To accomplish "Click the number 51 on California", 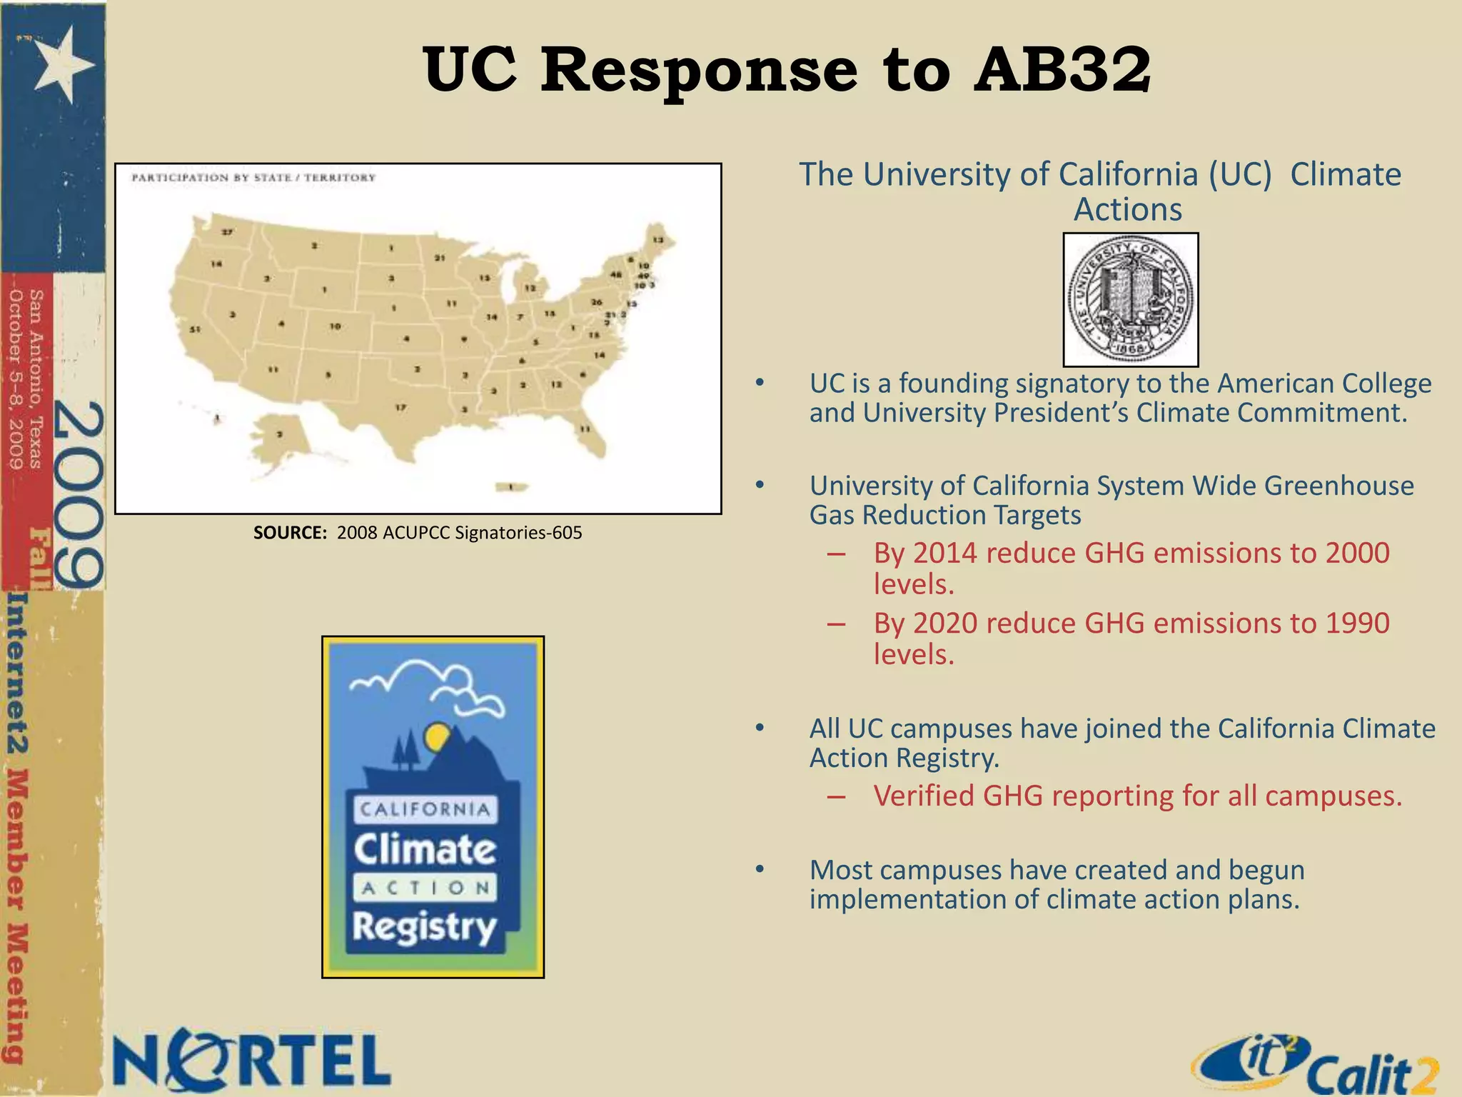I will click(194, 329).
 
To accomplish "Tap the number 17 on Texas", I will click(401, 407).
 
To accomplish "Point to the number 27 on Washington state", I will click(227, 232).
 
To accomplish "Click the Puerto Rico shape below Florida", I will click(512, 487).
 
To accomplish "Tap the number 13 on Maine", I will click(658, 240).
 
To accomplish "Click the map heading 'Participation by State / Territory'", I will click(253, 177).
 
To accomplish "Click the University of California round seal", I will click(1130, 300).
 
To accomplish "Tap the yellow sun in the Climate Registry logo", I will click(435, 736).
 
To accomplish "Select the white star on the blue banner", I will click(63, 64).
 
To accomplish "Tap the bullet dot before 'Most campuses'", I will click(760, 869).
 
